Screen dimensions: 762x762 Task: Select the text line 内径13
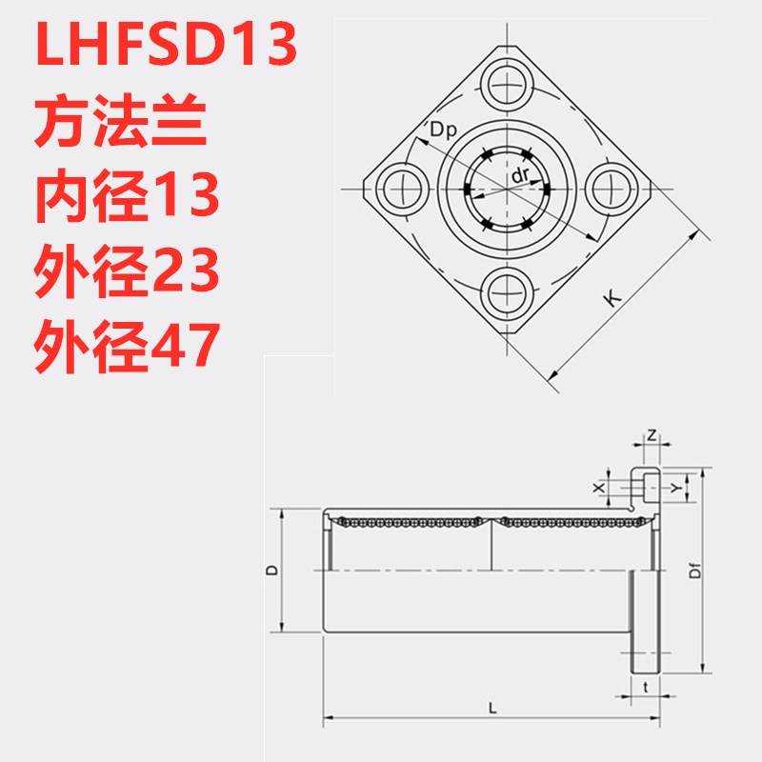pyautogui.click(x=128, y=197)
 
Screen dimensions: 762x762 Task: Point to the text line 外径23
pyautogui.click(x=128, y=271)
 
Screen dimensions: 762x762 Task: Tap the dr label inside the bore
pyautogui.click(x=520, y=176)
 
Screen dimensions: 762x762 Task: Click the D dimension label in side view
pyautogui.click(x=271, y=570)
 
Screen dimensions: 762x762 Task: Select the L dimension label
pyautogui.click(x=491, y=708)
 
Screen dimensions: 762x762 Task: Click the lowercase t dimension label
pyautogui.click(x=646, y=686)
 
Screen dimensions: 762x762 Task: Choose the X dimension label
pyautogui.click(x=599, y=487)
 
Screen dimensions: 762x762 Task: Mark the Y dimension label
pyautogui.click(x=675, y=487)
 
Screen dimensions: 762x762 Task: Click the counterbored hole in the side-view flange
pyautogui.click(x=646, y=487)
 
